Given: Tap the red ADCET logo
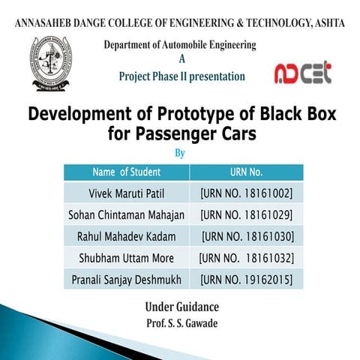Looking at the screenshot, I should point(302,73).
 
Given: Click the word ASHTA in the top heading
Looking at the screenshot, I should point(325,23).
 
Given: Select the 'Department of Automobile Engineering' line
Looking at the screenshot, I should point(181,45).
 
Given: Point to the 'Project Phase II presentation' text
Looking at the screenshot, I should point(181,76).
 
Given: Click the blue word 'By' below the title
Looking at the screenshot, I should point(179,154).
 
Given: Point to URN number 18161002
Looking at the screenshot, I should point(247,193).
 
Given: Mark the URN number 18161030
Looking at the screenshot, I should point(247,237).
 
